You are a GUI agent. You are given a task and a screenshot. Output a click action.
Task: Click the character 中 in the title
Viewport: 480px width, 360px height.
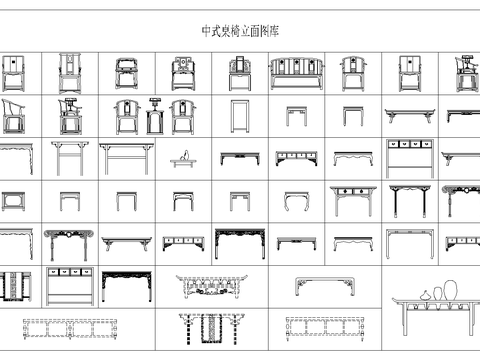pos(205,32)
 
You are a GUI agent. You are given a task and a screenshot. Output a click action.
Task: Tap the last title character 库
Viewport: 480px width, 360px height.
pos(274,32)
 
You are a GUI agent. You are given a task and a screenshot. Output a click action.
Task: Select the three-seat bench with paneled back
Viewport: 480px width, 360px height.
pos(295,73)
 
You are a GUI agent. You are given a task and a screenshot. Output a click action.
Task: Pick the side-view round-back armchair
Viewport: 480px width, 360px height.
pos(15,115)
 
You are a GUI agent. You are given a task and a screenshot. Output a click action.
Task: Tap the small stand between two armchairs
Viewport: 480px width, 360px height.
pos(155,117)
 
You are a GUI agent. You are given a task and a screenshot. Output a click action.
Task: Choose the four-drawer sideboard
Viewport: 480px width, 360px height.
pos(409,158)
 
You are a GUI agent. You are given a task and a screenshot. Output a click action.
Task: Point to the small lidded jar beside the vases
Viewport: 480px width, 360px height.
pos(423,297)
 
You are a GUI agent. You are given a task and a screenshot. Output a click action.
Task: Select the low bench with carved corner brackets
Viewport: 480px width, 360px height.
pos(325,286)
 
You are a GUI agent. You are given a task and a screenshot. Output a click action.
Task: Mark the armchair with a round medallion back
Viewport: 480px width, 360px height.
pos(183,73)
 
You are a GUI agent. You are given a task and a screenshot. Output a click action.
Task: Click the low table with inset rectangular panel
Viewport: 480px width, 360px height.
pos(15,200)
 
